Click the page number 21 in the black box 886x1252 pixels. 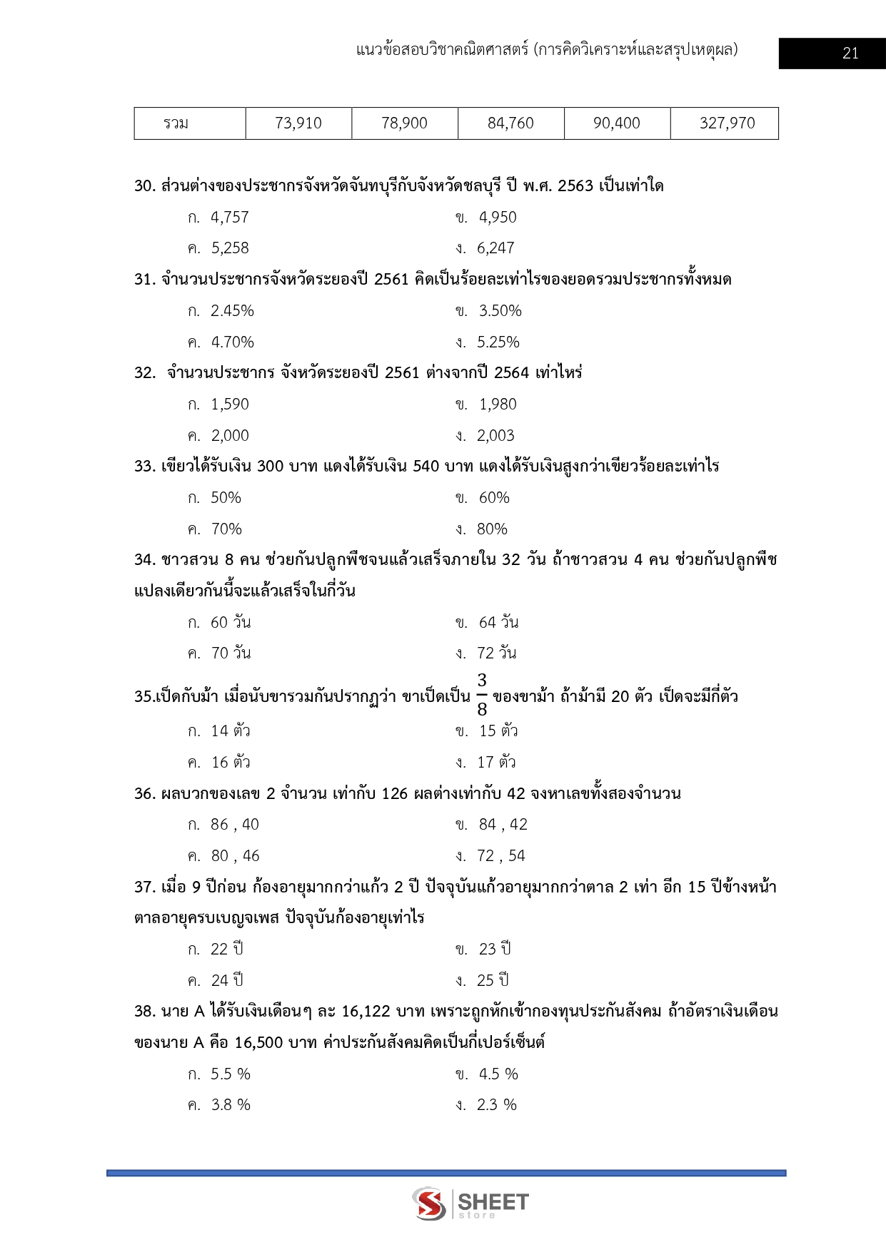point(850,54)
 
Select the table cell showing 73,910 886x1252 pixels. point(298,123)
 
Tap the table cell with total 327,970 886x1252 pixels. point(727,123)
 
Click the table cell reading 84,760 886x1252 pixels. point(510,123)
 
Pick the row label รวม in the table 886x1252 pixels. point(176,123)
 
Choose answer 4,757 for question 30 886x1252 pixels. point(229,218)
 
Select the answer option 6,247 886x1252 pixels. point(495,248)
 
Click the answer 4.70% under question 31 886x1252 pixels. point(232,342)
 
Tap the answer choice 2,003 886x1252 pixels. point(495,436)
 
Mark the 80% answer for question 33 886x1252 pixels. point(492,529)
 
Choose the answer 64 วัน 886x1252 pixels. point(498,623)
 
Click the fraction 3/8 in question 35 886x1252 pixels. point(482,694)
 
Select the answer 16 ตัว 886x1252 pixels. point(231,763)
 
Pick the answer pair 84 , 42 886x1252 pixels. point(503,825)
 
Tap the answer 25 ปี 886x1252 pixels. point(493,981)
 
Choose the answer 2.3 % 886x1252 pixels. point(496,1105)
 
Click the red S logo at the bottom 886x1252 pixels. point(429,1203)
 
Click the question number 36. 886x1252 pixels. point(144,794)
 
